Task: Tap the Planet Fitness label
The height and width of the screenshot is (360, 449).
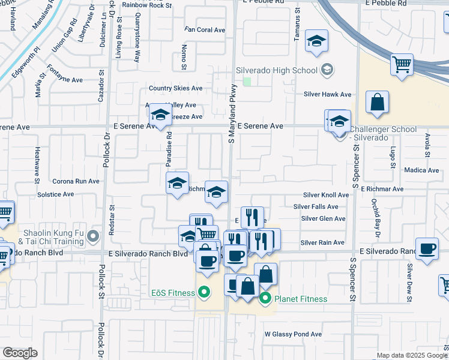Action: click(x=301, y=299)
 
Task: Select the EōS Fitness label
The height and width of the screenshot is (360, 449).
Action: click(x=172, y=293)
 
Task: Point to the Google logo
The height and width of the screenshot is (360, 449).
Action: click(x=19, y=352)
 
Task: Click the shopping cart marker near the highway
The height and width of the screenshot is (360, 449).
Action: click(x=401, y=64)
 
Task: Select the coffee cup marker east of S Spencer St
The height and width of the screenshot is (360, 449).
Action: click(x=427, y=250)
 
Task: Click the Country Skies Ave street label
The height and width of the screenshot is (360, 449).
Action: click(x=176, y=88)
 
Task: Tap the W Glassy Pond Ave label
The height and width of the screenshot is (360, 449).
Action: click(x=293, y=334)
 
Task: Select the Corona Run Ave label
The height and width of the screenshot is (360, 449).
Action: click(x=76, y=181)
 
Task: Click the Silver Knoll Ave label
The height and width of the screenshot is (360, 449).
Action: click(x=325, y=195)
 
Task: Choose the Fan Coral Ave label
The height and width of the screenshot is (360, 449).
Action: click(x=205, y=29)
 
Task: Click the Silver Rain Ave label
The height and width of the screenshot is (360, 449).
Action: click(x=322, y=242)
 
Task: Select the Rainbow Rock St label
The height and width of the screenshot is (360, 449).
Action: click(x=146, y=4)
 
